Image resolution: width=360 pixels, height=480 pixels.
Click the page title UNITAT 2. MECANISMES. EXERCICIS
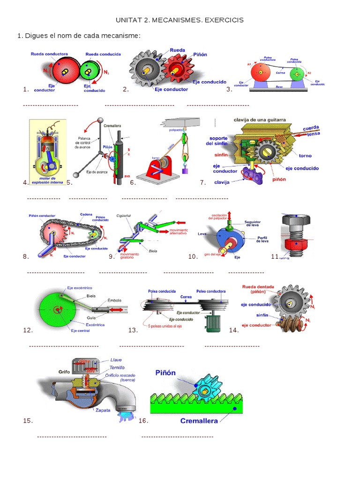coord(180,21)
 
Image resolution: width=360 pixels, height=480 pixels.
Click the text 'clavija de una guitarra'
coord(260,120)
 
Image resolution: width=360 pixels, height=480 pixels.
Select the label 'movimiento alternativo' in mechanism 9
coord(178,232)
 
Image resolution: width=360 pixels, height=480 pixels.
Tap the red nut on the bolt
coord(294,245)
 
